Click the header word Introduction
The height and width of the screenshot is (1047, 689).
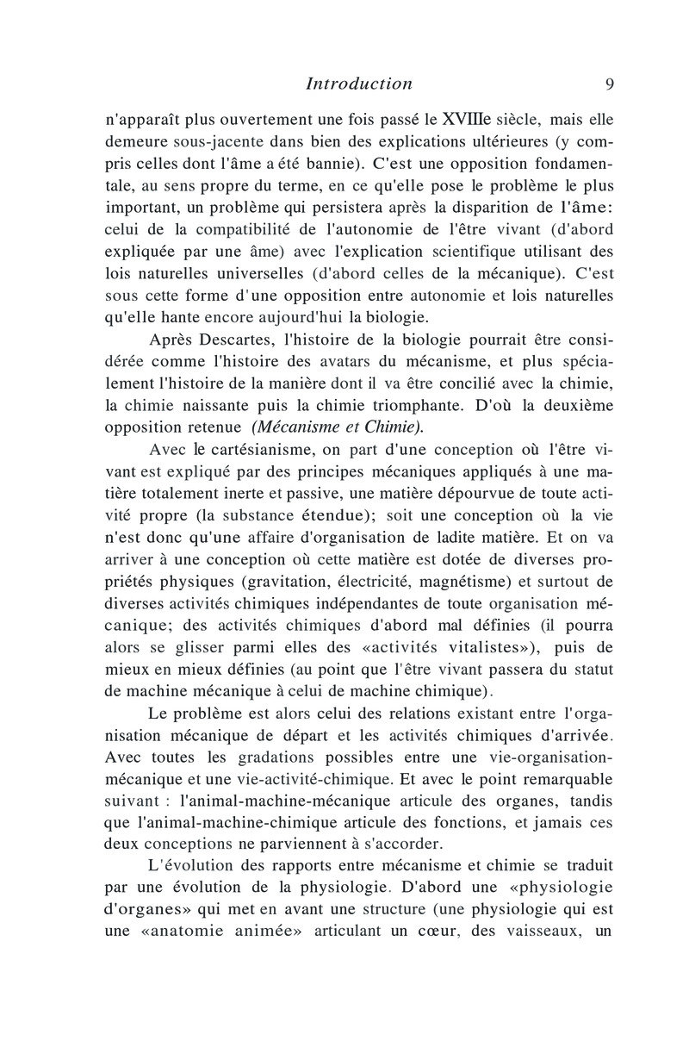359,84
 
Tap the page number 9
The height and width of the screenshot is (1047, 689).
609,84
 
